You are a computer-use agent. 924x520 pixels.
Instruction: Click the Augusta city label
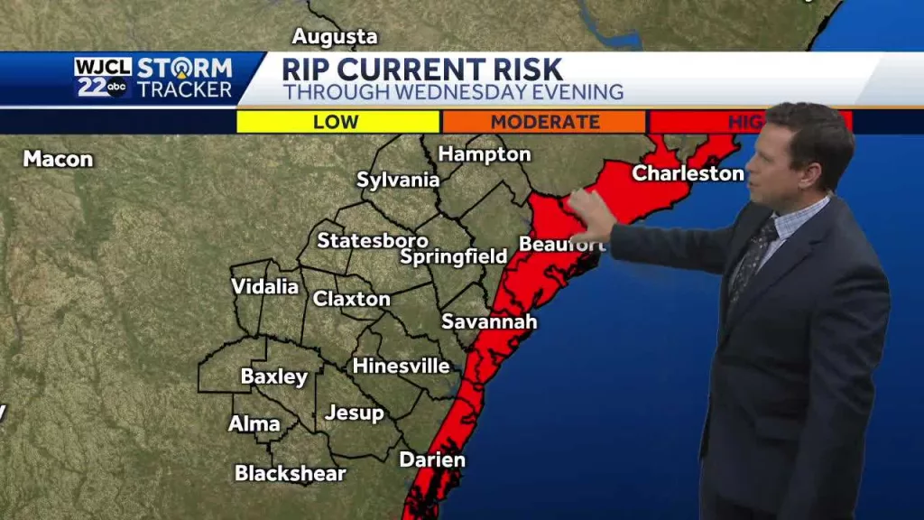point(335,37)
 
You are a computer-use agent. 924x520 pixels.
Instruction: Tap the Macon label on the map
point(58,159)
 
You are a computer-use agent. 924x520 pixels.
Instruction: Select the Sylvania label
point(398,180)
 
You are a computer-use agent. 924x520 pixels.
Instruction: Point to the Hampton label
point(485,153)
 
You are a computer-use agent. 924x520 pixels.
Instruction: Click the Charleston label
point(688,173)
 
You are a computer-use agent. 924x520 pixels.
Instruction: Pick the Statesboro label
point(373,240)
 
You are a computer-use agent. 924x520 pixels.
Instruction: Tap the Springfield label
point(454,257)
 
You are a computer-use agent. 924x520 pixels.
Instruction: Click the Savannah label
point(489,321)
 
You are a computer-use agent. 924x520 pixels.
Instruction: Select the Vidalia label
point(264,286)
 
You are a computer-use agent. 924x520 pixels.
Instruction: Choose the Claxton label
point(352,299)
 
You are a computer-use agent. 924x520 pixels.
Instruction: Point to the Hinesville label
point(401,366)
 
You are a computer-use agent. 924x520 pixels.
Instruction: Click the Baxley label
point(274,376)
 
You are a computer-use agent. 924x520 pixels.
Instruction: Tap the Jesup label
point(355,413)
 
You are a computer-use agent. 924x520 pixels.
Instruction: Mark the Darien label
point(432,460)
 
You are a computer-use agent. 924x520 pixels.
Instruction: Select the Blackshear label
point(291,472)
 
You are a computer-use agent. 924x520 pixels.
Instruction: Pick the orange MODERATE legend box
point(544,122)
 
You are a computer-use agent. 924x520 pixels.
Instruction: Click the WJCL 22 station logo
point(102,78)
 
